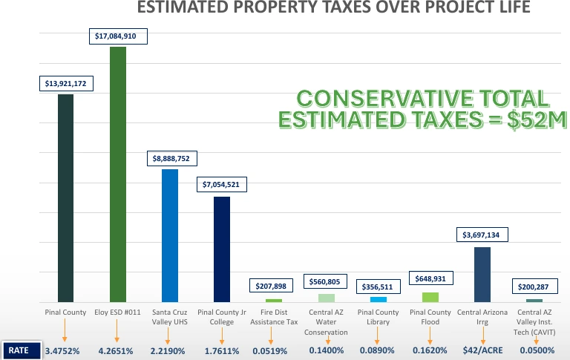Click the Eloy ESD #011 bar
118,174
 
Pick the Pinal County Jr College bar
222,249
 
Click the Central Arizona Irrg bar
482,275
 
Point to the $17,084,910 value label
118,36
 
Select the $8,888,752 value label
170,158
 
